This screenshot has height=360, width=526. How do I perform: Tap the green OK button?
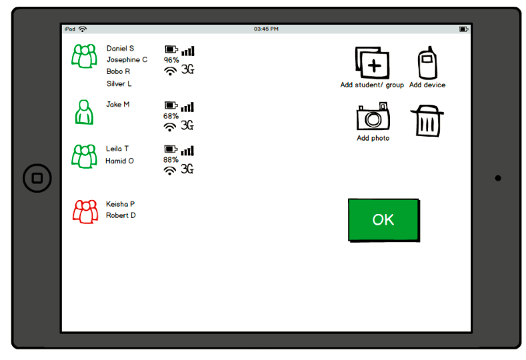[384, 220]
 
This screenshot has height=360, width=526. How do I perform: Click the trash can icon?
[427, 121]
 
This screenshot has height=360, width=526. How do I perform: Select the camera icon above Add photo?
[373, 116]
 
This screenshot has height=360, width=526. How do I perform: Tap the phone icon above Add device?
[427, 63]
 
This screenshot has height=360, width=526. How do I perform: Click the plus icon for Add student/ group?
[373, 63]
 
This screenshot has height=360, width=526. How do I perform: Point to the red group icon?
[85, 212]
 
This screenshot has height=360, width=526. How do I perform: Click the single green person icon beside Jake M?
[84, 112]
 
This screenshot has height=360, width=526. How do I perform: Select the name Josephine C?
[127, 60]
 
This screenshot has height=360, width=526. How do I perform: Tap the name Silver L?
[119, 83]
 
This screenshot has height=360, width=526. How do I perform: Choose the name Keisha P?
[120, 204]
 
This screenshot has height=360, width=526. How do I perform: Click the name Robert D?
[121, 215]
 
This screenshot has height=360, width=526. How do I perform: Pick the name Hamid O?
[119, 161]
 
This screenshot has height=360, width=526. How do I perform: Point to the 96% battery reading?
[171, 60]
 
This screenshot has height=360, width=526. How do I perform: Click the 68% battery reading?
[171, 116]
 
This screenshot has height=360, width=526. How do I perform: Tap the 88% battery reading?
[171, 160]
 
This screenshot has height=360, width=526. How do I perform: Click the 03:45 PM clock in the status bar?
[266, 29]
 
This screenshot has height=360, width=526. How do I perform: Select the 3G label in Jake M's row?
[187, 125]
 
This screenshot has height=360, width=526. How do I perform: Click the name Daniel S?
[120, 48]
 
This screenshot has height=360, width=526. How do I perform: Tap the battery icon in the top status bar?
[463, 29]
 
